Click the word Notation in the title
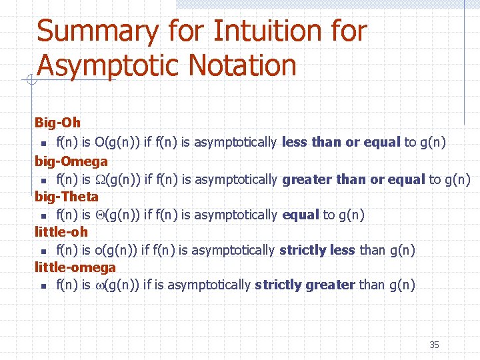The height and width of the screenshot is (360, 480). [x=242, y=65]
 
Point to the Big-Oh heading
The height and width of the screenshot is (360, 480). [x=57, y=123]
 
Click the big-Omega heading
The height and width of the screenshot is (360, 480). [x=71, y=161]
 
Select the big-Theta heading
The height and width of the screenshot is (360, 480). [x=67, y=197]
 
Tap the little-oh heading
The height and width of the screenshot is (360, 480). [x=61, y=232]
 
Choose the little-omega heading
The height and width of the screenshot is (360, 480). [x=75, y=267]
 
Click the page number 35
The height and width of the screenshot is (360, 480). [x=434, y=345]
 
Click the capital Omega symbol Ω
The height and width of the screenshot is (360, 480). [x=100, y=179]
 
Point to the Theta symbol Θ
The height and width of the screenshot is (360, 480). [x=100, y=215]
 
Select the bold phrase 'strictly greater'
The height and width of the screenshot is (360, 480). [x=305, y=285]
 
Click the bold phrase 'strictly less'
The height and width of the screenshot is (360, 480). [x=317, y=250]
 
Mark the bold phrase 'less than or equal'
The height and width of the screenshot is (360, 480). [x=341, y=141]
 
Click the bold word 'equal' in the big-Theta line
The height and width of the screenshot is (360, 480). [x=301, y=215]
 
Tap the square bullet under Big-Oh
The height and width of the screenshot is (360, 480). [x=42, y=143]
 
